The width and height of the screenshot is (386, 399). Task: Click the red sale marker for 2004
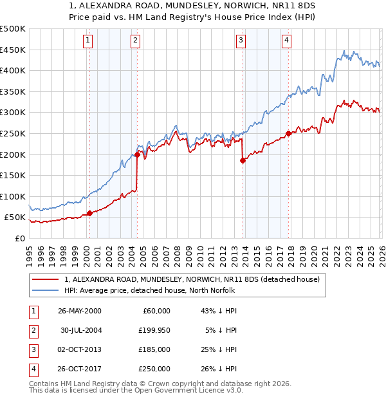[137, 154]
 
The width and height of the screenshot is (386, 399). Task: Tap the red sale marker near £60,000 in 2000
[89, 213]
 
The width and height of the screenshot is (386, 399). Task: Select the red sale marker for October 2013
[243, 161]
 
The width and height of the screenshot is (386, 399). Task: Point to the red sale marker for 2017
[288, 134]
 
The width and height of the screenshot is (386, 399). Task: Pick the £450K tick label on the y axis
[13, 50]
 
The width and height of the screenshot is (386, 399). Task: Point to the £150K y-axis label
[13, 175]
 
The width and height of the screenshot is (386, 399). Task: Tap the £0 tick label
[19, 238]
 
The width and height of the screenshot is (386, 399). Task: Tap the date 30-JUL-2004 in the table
[80, 330]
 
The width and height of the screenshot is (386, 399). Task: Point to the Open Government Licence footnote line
[136, 390]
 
